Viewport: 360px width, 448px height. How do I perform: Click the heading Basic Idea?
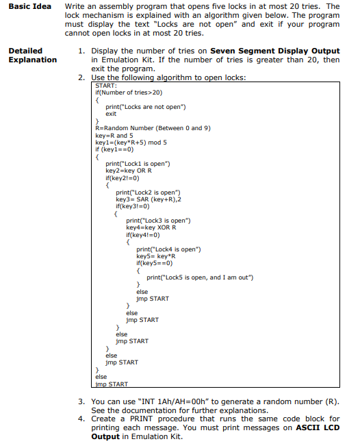(x=27, y=7)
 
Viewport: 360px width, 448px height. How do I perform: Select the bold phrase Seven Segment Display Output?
(x=274, y=51)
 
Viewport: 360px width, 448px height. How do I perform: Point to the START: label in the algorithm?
(x=105, y=85)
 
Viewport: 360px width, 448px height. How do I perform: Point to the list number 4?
(x=81, y=419)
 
